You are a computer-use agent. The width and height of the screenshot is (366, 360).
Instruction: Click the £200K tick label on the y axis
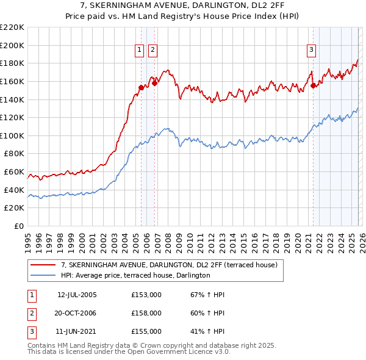(x=12, y=45)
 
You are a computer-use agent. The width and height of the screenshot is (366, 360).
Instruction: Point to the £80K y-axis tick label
(x=14, y=154)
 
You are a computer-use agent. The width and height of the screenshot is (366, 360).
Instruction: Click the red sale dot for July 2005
(x=141, y=87)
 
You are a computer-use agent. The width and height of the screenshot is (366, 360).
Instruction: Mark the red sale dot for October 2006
(x=155, y=83)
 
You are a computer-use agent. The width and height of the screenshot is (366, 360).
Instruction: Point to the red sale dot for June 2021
(x=314, y=85)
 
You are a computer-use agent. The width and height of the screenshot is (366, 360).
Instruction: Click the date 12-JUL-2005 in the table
(x=77, y=295)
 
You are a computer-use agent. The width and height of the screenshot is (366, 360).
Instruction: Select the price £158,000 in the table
(x=146, y=313)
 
